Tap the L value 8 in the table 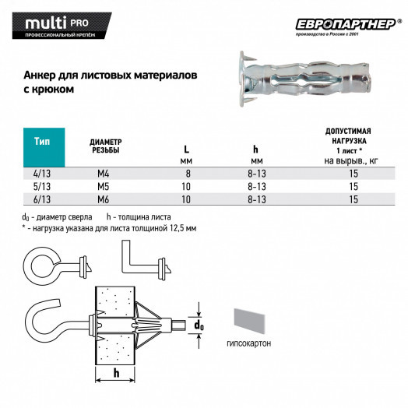click(187, 174)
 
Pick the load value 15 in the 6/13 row click(353, 199)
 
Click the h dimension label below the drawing click(116, 374)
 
